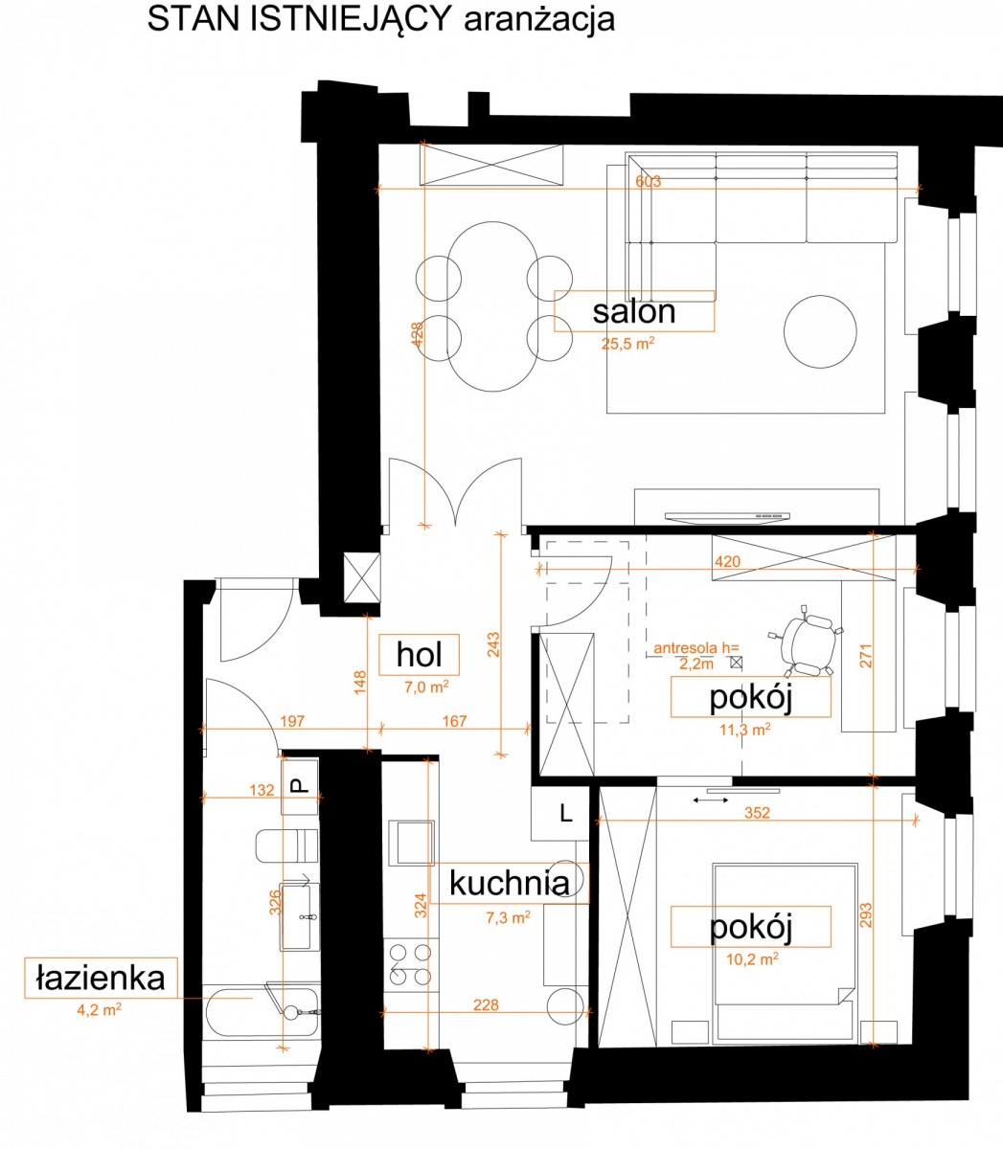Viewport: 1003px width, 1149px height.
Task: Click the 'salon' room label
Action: coord(634,312)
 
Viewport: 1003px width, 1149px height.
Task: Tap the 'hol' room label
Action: coord(420,654)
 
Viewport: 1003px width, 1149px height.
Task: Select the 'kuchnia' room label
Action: coord(509,883)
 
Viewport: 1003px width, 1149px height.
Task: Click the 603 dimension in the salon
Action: coord(648,181)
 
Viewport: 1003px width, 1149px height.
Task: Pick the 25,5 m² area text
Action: coord(628,343)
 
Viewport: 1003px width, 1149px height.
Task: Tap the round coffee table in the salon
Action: coord(820,331)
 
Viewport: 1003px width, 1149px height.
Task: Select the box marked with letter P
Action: coord(300,786)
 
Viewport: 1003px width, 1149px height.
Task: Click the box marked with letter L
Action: coord(559,813)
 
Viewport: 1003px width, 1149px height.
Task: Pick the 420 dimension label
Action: coord(728,561)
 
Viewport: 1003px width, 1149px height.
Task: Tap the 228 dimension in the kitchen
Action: coord(486,1004)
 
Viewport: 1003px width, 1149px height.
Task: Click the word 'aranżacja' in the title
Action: coord(539,21)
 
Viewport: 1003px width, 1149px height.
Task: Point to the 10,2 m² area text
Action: coord(752,958)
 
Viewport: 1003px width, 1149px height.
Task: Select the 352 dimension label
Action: coord(757,813)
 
